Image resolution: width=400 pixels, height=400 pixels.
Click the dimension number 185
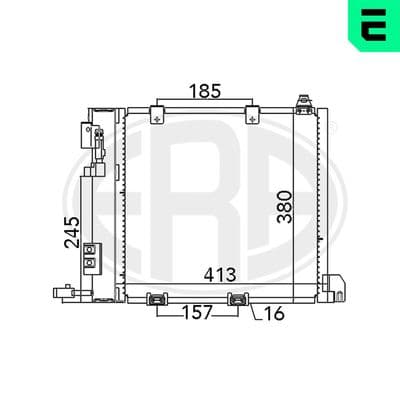coord(205,91)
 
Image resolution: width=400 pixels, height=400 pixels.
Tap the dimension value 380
coord(285,207)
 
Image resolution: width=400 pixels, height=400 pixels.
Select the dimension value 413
coord(220,275)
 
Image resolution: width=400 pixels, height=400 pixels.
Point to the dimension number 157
coord(197,312)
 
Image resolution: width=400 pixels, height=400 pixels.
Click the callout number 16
coord(274,313)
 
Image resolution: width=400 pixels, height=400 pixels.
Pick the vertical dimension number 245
coord(72,232)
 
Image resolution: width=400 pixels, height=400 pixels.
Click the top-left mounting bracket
coord(157,115)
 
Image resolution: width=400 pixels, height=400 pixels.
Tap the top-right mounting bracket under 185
coord(252,115)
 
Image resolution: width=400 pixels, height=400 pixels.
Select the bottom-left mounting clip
coord(157,299)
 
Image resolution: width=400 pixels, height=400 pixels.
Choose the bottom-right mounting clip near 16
coord(238,299)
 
